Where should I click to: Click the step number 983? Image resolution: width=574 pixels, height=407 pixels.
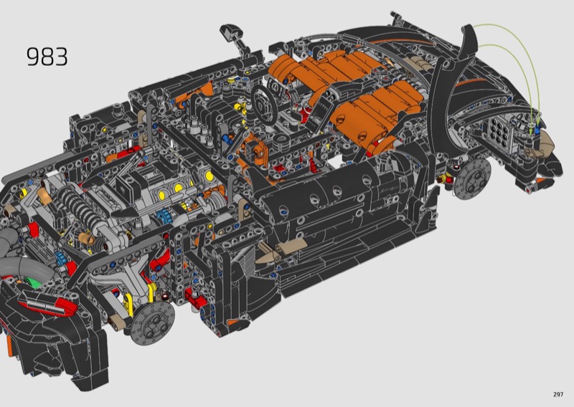click(x=47, y=57)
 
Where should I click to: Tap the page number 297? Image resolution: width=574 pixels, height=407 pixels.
click(x=558, y=394)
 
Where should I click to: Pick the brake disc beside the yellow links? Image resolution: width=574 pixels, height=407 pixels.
click(x=153, y=322)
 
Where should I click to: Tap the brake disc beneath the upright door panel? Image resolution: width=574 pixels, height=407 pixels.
click(x=471, y=179)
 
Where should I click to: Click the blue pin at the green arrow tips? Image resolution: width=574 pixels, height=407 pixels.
click(x=537, y=130)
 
